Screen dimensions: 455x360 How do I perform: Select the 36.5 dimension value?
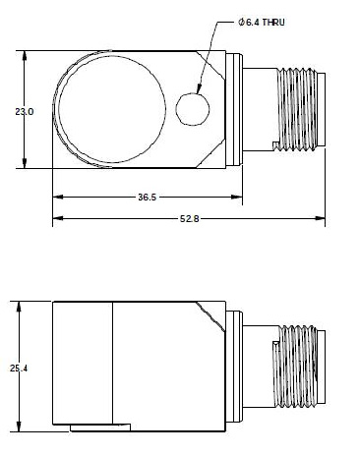pyautogui.click(x=146, y=198)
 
